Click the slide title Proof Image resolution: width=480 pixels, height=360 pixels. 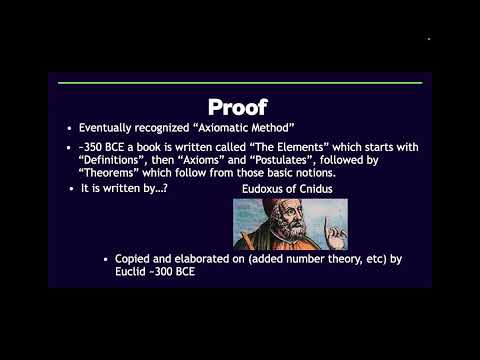click(240, 106)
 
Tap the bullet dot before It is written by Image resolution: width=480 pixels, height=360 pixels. click(72, 188)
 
